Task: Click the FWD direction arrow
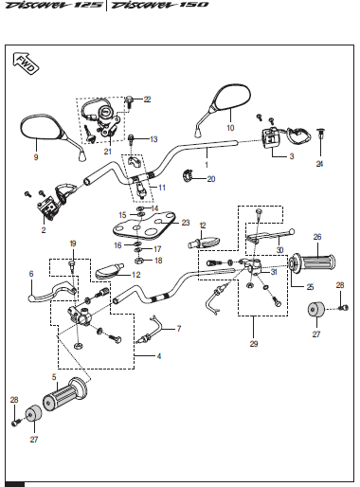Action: coord(26,63)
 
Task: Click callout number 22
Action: coord(147,99)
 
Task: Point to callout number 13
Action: coord(153,139)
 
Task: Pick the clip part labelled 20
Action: coord(189,176)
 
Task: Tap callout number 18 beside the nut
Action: coord(158,261)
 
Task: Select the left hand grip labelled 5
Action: coord(65,394)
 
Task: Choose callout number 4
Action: coord(159,356)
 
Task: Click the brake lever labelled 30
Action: coord(270,235)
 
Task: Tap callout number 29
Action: coord(254,344)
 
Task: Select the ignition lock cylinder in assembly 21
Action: coord(104,112)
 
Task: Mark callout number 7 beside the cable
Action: coord(179,329)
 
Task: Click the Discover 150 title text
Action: coord(160,5)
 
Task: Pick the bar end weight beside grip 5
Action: coord(33,414)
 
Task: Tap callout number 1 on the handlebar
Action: coord(207,165)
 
